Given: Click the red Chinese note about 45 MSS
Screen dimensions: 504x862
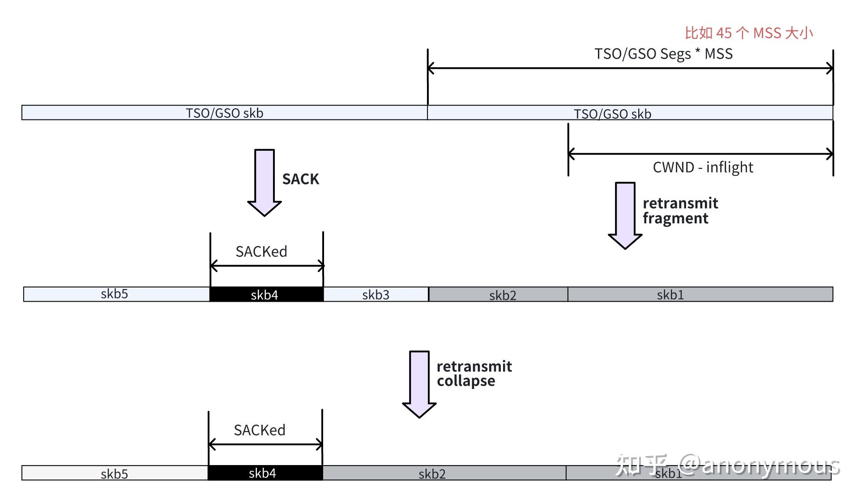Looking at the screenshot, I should pyautogui.click(x=748, y=33).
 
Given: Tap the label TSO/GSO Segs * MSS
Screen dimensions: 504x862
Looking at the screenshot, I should pyautogui.click(x=663, y=54).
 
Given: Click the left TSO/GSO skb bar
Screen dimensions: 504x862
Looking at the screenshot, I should pyautogui.click(x=224, y=113).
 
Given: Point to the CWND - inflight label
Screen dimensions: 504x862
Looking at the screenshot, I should pyautogui.click(x=703, y=167).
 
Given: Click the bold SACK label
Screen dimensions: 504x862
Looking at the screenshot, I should pyautogui.click(x=300, y=179).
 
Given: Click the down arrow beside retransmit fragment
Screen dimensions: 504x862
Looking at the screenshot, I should pyautogui.click(x=625, y=215).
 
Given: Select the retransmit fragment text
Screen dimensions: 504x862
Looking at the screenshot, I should pyautogui.click(x=680, y=211).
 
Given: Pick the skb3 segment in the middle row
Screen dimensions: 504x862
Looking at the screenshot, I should pyautogui.click(x=376, y=295).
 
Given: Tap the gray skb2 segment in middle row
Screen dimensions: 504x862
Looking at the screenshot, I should pyautogui.click(x=502, y=295).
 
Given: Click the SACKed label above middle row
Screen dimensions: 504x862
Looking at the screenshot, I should pyautogui.click(x=261, y=252).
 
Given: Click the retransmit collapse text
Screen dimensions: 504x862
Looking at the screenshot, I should pyautogui.click(x=474, y=374).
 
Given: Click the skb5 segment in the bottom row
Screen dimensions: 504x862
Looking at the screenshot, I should pyautogui.click(x=115, y=473).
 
